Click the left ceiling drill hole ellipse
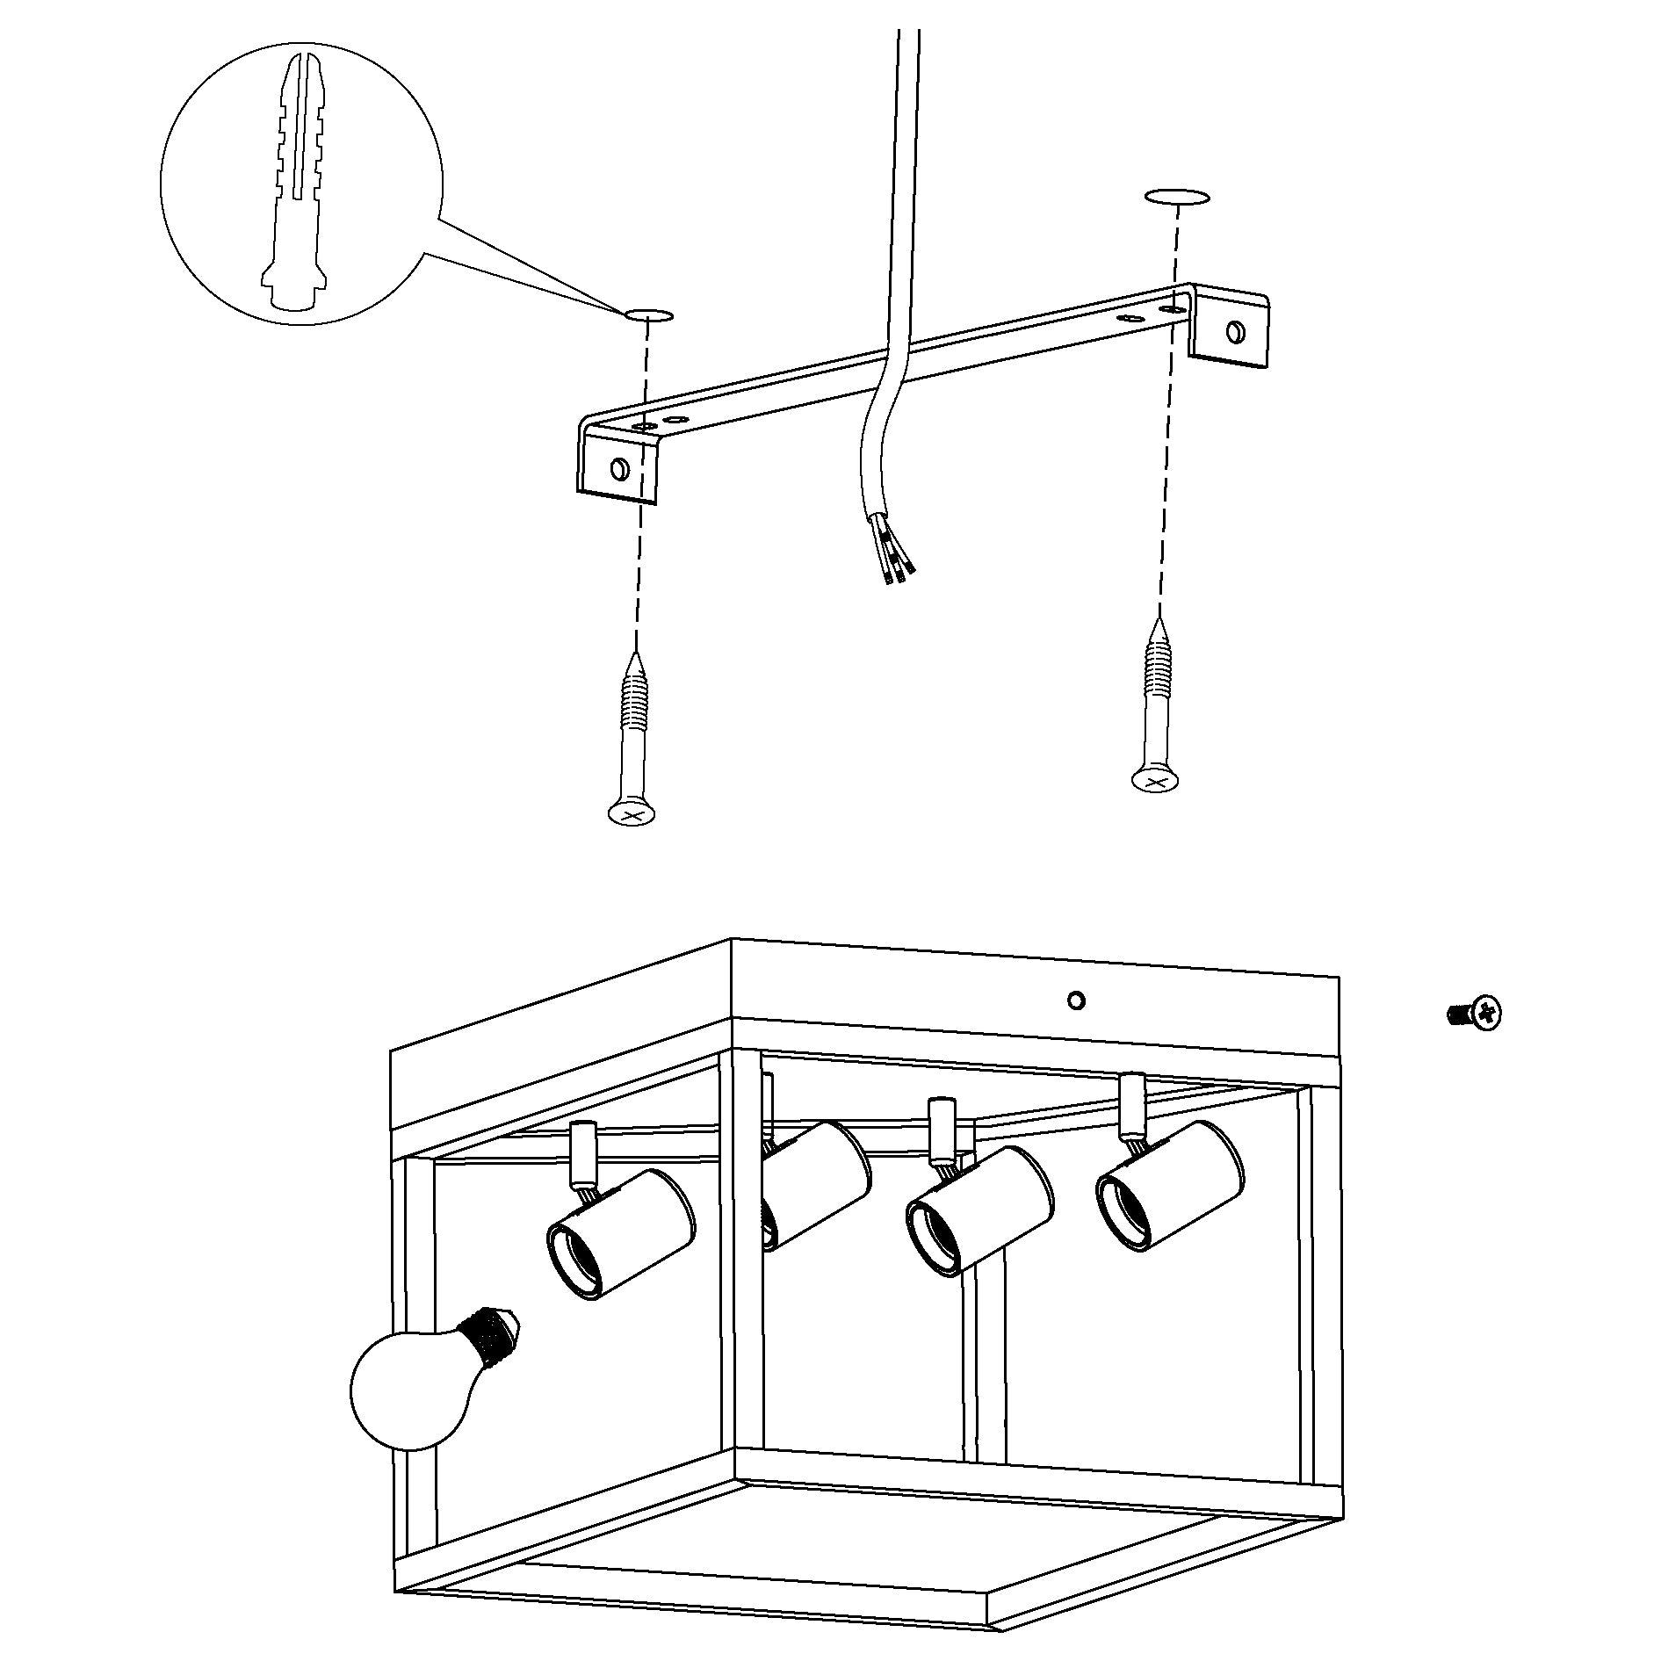648,314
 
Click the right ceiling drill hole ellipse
1176,197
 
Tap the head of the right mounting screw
1153,779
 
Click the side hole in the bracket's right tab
1236,331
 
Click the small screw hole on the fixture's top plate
1076,1000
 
